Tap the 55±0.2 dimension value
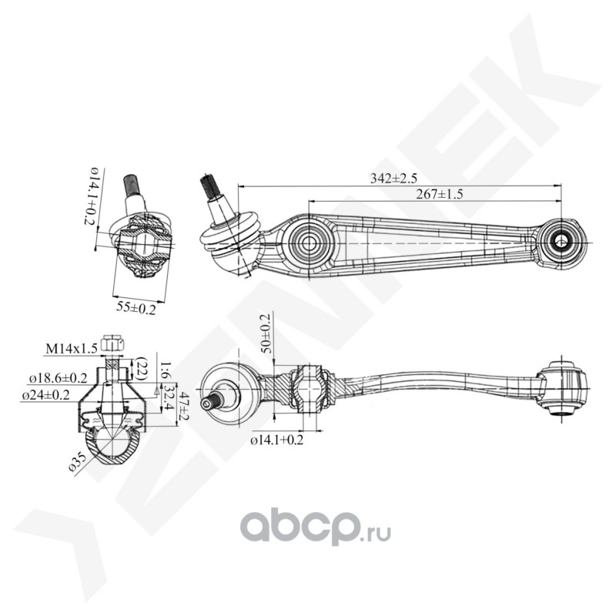pyautogui.click(x=135, y=308)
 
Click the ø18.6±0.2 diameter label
pyautogui.click(x=58, y=379)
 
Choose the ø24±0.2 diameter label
pyautogui.click(x=51, y=395)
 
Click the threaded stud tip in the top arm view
pyautogui.click(x=208, y=185)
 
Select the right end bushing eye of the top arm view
pyautogui.click(x=561, y=242)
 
